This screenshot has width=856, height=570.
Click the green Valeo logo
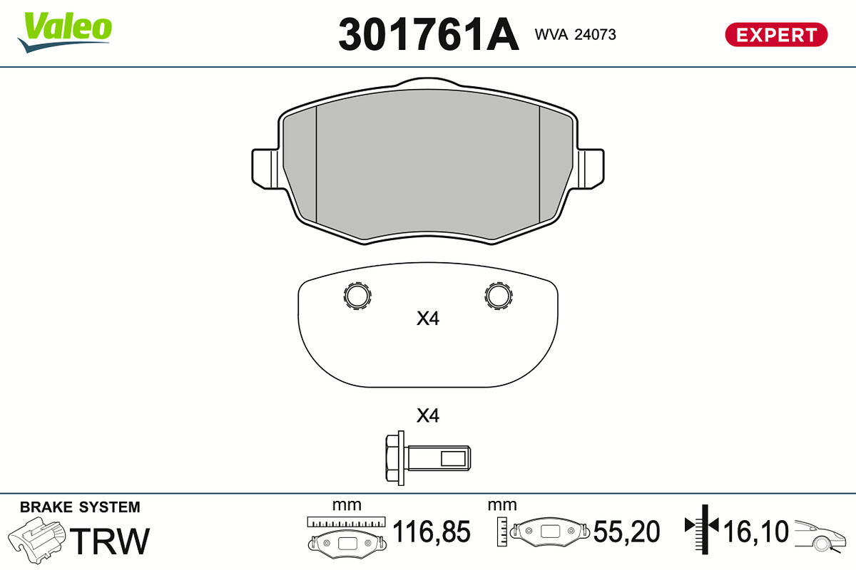65,32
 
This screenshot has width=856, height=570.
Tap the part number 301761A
429,34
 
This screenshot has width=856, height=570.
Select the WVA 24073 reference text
575,35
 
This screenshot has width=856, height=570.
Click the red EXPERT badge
776,35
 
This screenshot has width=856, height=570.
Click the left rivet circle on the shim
357,296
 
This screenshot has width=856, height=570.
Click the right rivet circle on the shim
499,296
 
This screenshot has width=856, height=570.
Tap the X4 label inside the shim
428,318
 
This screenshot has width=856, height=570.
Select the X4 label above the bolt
428,416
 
